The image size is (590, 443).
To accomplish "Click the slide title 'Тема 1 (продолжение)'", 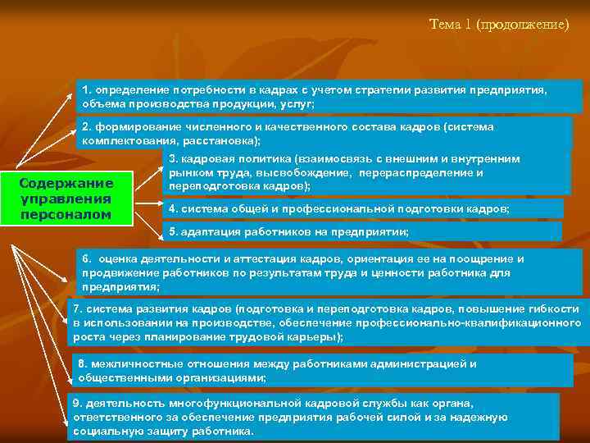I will tap(498, 24).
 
